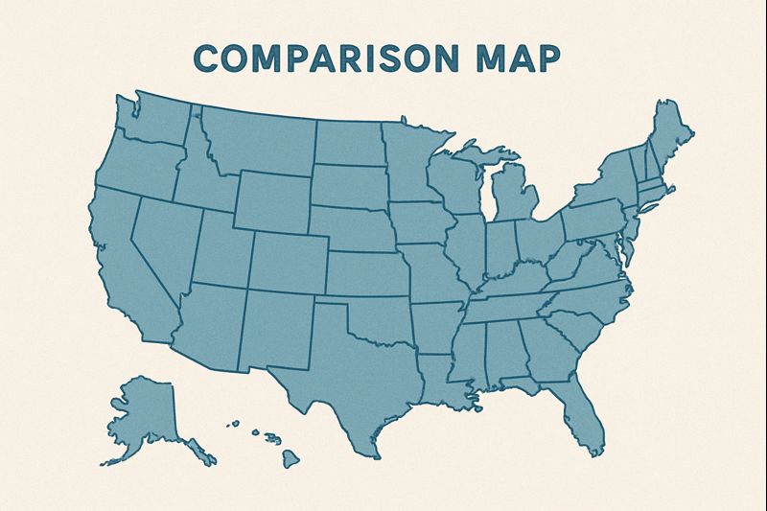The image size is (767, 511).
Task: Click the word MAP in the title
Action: [x=515, y=58]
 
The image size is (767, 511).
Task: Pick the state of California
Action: [x=120, y=259]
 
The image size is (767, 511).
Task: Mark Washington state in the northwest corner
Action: [x=153, y=120]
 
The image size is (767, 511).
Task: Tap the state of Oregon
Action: [x=134, y=163]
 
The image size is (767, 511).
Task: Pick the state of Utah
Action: [x=221, y=249]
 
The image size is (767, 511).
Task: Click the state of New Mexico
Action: [x=278, y=326]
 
